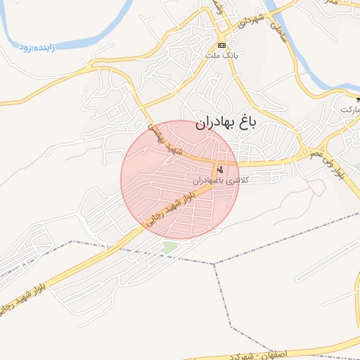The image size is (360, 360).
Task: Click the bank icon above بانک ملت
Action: point(222,45)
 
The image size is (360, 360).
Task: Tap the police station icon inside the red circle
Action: point(221,169)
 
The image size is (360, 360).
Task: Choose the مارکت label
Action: point(349,110)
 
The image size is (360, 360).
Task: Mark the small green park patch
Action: point(169,247)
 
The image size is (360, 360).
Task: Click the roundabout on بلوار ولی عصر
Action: point(305,152)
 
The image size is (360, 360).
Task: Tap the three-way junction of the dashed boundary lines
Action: point(215,264)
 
